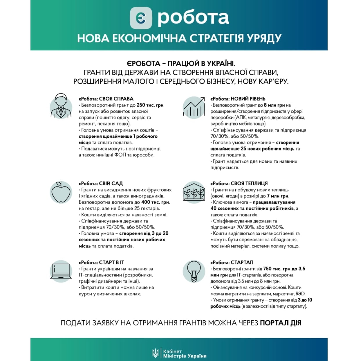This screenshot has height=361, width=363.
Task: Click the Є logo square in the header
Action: pos(141,18)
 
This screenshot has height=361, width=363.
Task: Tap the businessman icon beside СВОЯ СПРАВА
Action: pos(61,106)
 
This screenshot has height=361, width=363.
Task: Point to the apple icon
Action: pos(61,192)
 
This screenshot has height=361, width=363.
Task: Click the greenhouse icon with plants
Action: pos(194,192)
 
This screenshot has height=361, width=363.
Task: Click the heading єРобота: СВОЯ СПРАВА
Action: pos(106,99)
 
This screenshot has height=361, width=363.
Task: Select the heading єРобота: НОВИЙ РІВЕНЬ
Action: pos(238,99)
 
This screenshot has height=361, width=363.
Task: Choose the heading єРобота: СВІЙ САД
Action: pos(101,184)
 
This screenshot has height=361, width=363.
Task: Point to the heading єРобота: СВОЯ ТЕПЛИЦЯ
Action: pos(239,184)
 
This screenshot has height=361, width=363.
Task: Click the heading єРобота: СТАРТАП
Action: pos(232,263)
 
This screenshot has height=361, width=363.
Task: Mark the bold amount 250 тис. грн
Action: pos(150,105)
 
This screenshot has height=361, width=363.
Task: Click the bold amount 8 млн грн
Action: pos(274,105)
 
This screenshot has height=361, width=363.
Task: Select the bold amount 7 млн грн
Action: pos(278,196)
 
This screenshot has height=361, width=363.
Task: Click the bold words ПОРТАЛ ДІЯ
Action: pos(281,323)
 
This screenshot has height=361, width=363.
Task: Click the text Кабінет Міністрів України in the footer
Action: pos(185,353)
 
